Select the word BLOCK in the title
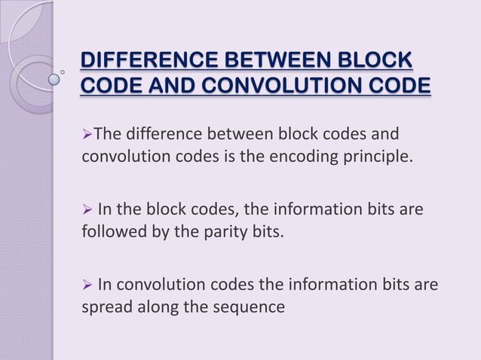coord(377,60)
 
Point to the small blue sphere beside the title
coord(54,77)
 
